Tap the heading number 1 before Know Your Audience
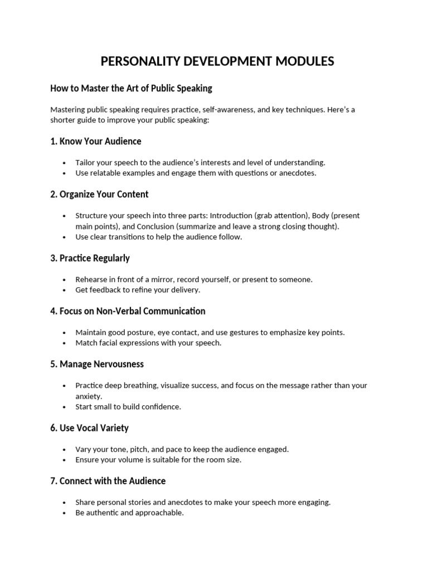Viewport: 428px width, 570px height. pyautogui.click(x=53, y=141)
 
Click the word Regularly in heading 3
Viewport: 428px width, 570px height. pyautogui.click(x=109, y=258)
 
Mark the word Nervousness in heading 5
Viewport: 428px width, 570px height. pyautogui.click(x=118, y=364)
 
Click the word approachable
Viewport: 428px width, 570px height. pyautogui.click(x=155, y=513)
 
